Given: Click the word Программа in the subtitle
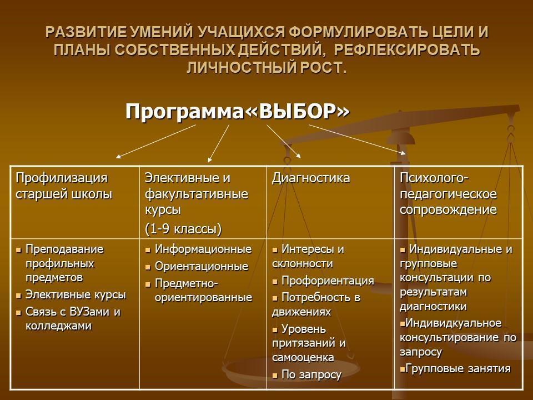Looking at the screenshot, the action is [x=185, y=112].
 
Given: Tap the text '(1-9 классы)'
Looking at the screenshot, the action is [x=183, y=228].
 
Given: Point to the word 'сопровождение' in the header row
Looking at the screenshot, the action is [x=448, y=209].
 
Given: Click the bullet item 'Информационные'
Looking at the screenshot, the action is [x=203, y=249].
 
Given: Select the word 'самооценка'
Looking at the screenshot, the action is [x=303, y=357].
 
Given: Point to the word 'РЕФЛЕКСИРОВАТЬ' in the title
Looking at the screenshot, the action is [x=406, y=49].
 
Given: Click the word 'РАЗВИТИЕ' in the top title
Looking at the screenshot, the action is [x=86, y=32].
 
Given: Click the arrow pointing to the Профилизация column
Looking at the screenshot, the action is [x=155, y=142].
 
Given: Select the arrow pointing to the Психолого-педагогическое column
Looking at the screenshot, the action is [x=357, y=140].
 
